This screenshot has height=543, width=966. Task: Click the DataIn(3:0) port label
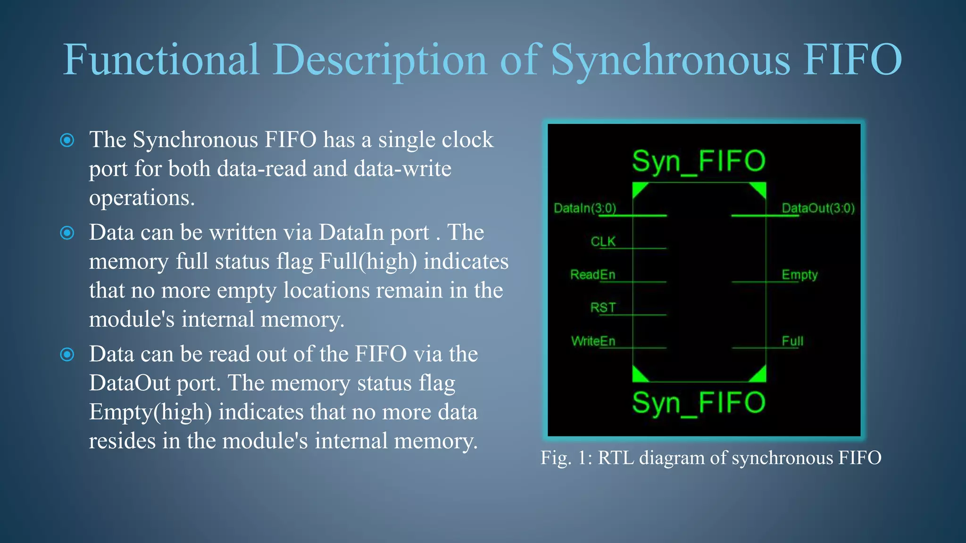tap(585, 208)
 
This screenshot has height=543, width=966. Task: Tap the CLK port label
tap(603, 241)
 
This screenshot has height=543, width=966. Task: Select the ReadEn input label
tap(592, 274)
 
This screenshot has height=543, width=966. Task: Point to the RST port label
tap(603, 308)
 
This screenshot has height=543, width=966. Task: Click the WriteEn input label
tap(593, 341)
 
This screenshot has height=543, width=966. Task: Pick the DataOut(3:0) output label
tap(818, 208)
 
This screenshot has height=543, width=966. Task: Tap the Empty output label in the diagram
tap(799, 274)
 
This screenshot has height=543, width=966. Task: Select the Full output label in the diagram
tap(792, 341)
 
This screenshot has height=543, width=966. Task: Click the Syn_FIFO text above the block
tap(699, 161)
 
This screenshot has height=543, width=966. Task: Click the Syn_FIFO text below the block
tap(699, 403)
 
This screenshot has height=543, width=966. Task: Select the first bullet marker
tap(67, 140)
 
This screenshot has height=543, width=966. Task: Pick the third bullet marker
tap(67, 354)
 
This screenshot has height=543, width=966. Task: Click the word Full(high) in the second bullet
tap(368, 262)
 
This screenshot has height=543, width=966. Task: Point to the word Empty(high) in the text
tap(150, 412)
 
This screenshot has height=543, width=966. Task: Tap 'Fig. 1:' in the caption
tap(566, 458)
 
